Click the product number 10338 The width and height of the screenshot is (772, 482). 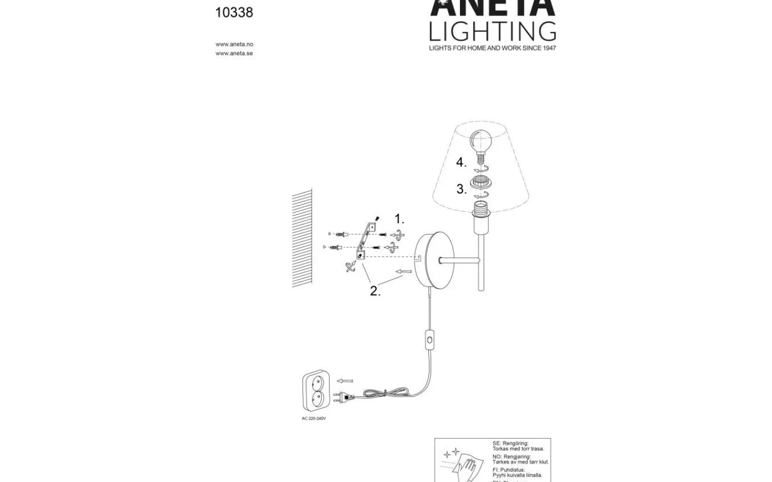(x=234, y=12)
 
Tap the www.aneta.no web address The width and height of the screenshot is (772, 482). (x=234, y=44)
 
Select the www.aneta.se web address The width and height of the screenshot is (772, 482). (x=234, y=54)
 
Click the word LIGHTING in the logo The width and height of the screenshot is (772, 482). (x=492, y=32)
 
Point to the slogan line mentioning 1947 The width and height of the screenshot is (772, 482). (x=492, y=48)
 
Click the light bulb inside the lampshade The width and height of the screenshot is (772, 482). (x=481, y=142)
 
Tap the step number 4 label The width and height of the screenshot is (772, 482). (x=461, y=162)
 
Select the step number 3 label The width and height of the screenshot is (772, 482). (x=461, y=189)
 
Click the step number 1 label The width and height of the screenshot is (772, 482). (x=399, y=219)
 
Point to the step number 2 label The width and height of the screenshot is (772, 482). (x=375, y=291)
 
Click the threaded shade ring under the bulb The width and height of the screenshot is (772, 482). (x=481, y=185)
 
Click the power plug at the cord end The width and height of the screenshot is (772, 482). (x=343, y=398)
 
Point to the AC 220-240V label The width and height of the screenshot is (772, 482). (x=314, y=419)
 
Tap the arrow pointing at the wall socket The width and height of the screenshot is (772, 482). (x=345, y=381)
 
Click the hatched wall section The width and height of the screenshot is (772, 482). (x=302, y=238)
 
